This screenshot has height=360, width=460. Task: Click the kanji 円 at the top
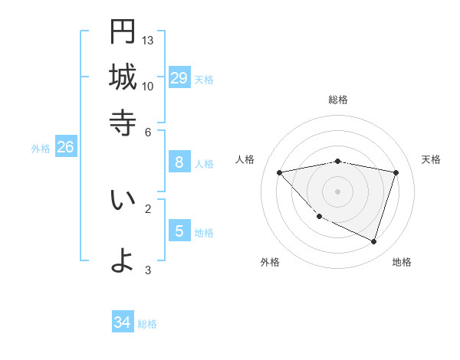[123, 32]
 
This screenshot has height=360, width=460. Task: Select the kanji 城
[123, 77]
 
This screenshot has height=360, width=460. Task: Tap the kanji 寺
[123, 123]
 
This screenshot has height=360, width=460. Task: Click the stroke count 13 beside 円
[148, 40]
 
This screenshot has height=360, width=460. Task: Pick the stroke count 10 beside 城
[148, 86]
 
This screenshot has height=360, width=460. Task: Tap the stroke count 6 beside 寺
[148, 131]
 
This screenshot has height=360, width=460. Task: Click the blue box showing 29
[179, 77]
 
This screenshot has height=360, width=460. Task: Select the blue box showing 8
[179, 162]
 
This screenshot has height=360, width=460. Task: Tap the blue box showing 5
[179, 231]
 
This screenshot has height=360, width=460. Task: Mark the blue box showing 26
[65, 147]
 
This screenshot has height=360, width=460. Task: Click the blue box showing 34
[122, 322]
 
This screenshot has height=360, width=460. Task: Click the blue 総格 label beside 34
[147, 324]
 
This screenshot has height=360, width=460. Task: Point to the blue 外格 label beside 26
[41, 149]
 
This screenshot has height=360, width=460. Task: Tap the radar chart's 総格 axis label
[338, 100]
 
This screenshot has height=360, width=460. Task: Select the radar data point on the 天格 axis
[396, 172]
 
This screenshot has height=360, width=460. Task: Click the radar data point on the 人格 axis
[279, 172]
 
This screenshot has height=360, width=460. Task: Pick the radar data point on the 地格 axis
[373, 242]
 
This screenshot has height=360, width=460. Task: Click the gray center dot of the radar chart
[338, 191]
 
